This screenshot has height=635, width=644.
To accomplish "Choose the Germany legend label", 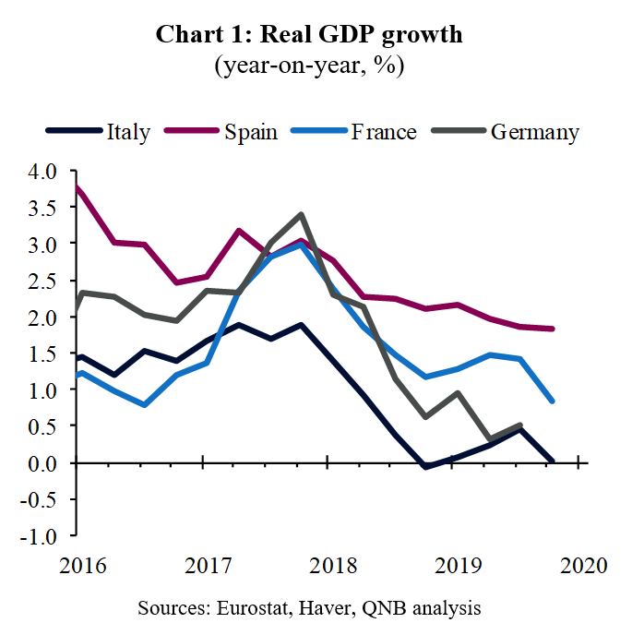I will (535, 132).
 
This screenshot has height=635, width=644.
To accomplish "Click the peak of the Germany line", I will (301, 215).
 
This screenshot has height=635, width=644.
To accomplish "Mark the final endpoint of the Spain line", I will (552, 329).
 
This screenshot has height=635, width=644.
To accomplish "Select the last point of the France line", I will (552, 401).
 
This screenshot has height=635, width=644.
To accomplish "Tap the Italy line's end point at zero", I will (552, 461).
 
